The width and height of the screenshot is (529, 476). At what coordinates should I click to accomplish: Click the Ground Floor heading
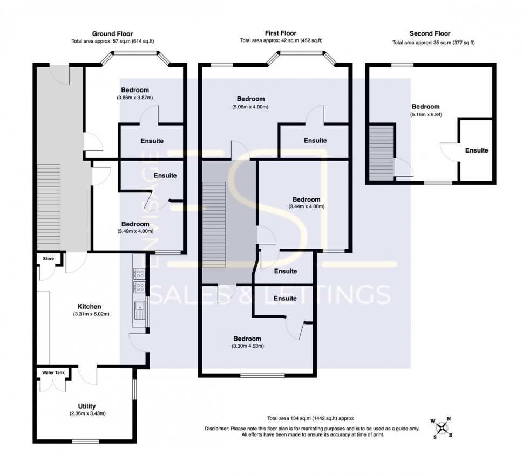click(112, 33)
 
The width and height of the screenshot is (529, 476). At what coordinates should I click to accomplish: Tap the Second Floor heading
click(430, 33)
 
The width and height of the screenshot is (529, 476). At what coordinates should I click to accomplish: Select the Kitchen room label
click(89, 307)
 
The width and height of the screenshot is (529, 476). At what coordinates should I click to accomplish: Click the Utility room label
click(87, 406)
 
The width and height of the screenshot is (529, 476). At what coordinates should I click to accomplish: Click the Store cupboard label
click(49, 259)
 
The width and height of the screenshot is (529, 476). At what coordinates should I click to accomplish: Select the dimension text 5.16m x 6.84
click(430, 114)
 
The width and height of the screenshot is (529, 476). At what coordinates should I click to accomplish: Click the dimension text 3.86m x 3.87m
click(134, 98)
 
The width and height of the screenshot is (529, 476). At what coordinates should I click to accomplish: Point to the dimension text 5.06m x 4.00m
click(250, 107)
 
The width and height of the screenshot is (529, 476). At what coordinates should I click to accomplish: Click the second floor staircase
click(382, 152)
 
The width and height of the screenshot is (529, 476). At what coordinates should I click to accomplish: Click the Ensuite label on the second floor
click(477, 150)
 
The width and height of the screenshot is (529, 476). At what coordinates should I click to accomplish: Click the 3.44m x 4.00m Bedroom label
click(306, 199)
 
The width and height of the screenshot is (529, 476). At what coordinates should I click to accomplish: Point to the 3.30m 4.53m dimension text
click(247, 346)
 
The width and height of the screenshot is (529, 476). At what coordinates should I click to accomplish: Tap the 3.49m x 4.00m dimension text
click(135, 231)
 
